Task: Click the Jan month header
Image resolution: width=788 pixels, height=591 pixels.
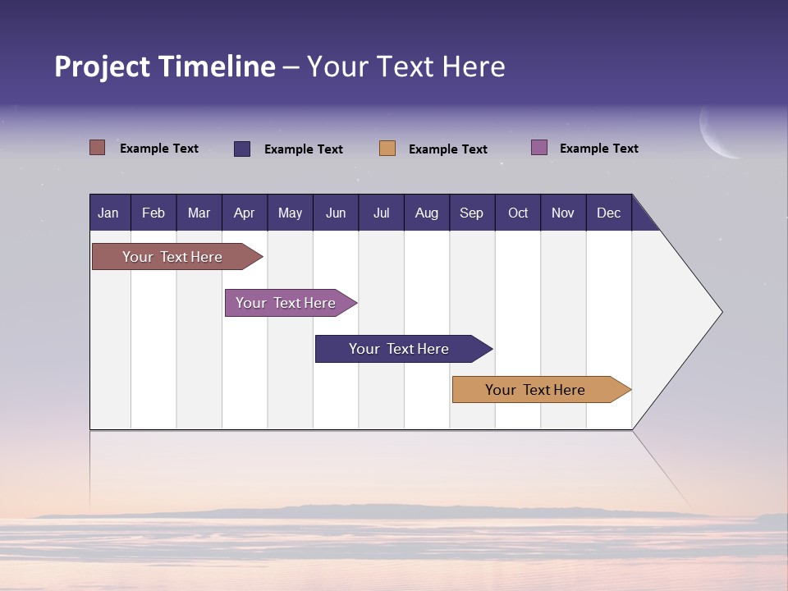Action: pyautogui.click(x=108, y=213)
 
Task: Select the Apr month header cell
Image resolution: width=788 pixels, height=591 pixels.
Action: pyautogui.click(x=244, y=213)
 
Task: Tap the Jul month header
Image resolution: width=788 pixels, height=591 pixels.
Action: pyautogui.click(x=381, y=213)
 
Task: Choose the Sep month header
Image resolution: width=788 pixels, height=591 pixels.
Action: pyautogui.click(x=471, y=213)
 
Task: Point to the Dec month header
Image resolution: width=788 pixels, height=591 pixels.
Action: pyautogui.click(x=608, y=213)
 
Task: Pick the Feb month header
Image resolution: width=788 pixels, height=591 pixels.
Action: pyautogui.click(x=153, y=213)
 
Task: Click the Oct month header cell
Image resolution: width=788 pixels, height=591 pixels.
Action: pyautogui.click(x=518, y=213)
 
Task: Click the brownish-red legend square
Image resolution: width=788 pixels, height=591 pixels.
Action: pyautogui.click(x=97, y=148)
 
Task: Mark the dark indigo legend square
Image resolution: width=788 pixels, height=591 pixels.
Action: pyautogui.click(x=242, y=149)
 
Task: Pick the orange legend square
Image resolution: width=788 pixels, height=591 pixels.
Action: pyautogui.click(x=387, y=149)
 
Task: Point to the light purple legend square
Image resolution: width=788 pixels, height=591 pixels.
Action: pyautogui.click(x=538, y=148)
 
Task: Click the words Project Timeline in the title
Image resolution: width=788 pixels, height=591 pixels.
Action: pyautogui.click(x=165, y=66)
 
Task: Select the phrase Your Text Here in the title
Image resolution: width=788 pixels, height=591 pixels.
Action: pyautogui.click(x=405, y=66)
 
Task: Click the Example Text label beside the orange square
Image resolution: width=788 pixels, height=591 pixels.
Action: pyautogui.click(x=447, y=149)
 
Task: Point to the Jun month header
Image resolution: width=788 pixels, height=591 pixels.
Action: pyautogui.click(x=335, y=213)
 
